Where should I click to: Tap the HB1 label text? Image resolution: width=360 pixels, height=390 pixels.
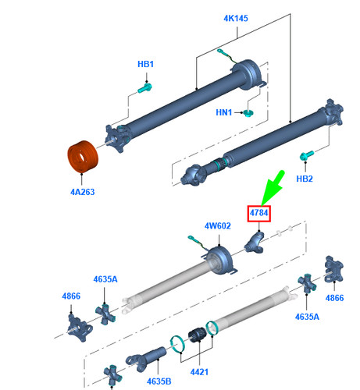coord(146,64)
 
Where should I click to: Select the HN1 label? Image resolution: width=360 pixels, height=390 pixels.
coord(224,113)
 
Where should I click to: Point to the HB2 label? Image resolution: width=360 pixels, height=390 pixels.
coord(305,179)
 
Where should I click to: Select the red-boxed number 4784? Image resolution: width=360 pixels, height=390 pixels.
coord(258,212)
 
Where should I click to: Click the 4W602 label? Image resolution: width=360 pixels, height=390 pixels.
coord(218,226)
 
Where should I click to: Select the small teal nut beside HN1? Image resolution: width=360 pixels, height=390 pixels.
coord(248,113)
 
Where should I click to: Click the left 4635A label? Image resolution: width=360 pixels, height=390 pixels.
coord(105,278)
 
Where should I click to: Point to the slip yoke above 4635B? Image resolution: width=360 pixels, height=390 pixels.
coord(148,358)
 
